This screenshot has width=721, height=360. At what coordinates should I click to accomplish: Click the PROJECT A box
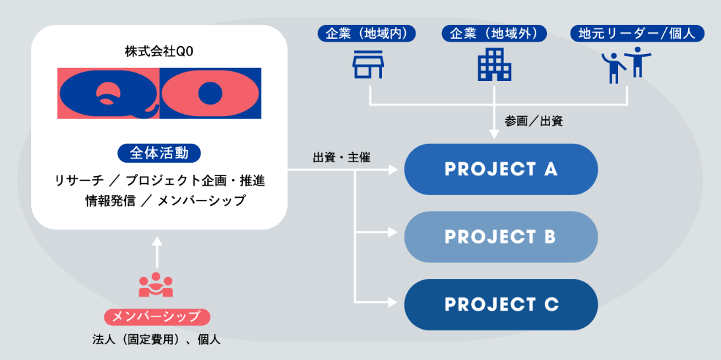(x=501, y=169)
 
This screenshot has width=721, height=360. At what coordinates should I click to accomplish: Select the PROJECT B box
(x=501, y=237)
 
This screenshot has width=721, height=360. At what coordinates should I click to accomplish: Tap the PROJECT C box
(x=501, y=305)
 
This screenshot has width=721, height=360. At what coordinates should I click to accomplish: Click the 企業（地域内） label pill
(x=367, y=34)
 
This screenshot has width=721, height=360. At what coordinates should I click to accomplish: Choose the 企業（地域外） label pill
(x=494, y=34)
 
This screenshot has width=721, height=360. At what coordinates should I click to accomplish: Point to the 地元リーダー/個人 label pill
(x=637, y=34)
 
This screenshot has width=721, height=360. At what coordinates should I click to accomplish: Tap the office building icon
(x=494, y=65)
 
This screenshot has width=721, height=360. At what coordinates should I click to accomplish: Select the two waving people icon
(x=626, y=65)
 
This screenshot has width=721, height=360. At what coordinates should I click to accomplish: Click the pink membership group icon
(x=156, y=285)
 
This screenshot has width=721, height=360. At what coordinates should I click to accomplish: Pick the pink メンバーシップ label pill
(x=157, y=316)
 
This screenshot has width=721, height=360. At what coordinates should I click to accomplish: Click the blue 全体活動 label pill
(x=159, y=154)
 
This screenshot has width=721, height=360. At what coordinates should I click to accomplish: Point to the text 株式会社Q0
(x=159, y=52)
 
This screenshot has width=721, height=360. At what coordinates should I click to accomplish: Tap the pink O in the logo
(x=210, y=94)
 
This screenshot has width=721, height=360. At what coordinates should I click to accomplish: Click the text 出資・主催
(x=341, y=158)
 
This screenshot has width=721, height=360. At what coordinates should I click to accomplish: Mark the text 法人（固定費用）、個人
(x=156, y=340)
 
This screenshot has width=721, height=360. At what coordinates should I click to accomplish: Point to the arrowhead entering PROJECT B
(x=392, y=232)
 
